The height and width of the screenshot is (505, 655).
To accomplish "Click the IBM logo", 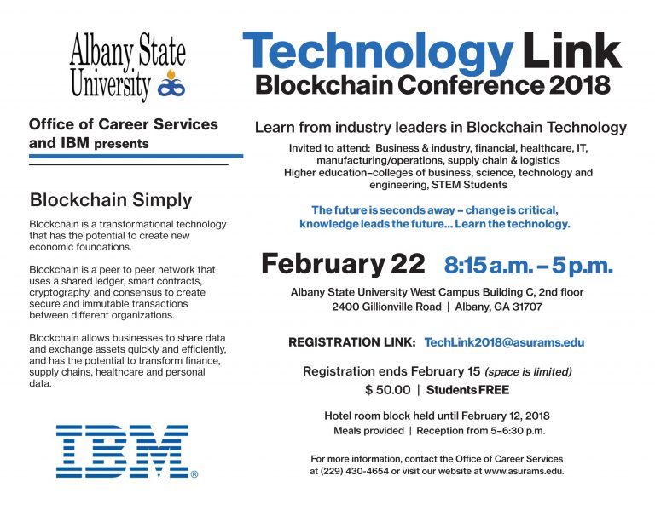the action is coord(123,451).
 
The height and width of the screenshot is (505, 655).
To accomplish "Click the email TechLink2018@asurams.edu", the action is coord(504,342).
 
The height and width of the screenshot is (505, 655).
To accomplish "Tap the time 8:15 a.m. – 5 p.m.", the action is coord(529,265).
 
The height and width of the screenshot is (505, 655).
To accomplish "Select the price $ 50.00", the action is coord(388,390).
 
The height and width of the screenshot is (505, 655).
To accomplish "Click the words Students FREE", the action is coord(467,390).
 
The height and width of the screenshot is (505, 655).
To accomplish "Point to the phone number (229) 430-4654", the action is coord(355,471).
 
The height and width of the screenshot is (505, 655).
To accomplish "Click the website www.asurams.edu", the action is coord(524,471).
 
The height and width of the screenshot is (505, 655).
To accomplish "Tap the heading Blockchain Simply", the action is coord(111,200).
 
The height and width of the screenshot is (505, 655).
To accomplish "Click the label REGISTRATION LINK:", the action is coord(351,342).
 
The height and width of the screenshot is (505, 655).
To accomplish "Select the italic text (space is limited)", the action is coord(528,371).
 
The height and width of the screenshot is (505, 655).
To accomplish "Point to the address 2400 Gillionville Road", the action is coord(386,307).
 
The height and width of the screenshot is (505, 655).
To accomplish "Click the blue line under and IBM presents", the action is coord(136,156).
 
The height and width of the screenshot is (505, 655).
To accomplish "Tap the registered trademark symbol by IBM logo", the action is coord(194,474).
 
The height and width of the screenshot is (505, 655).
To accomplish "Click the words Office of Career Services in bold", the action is coord(123,124).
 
